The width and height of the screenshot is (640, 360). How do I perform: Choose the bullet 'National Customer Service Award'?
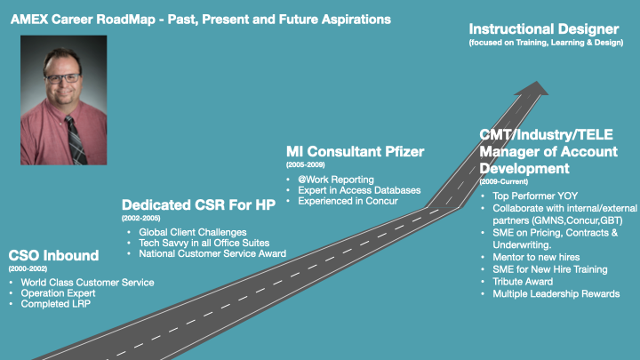point(206,254)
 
